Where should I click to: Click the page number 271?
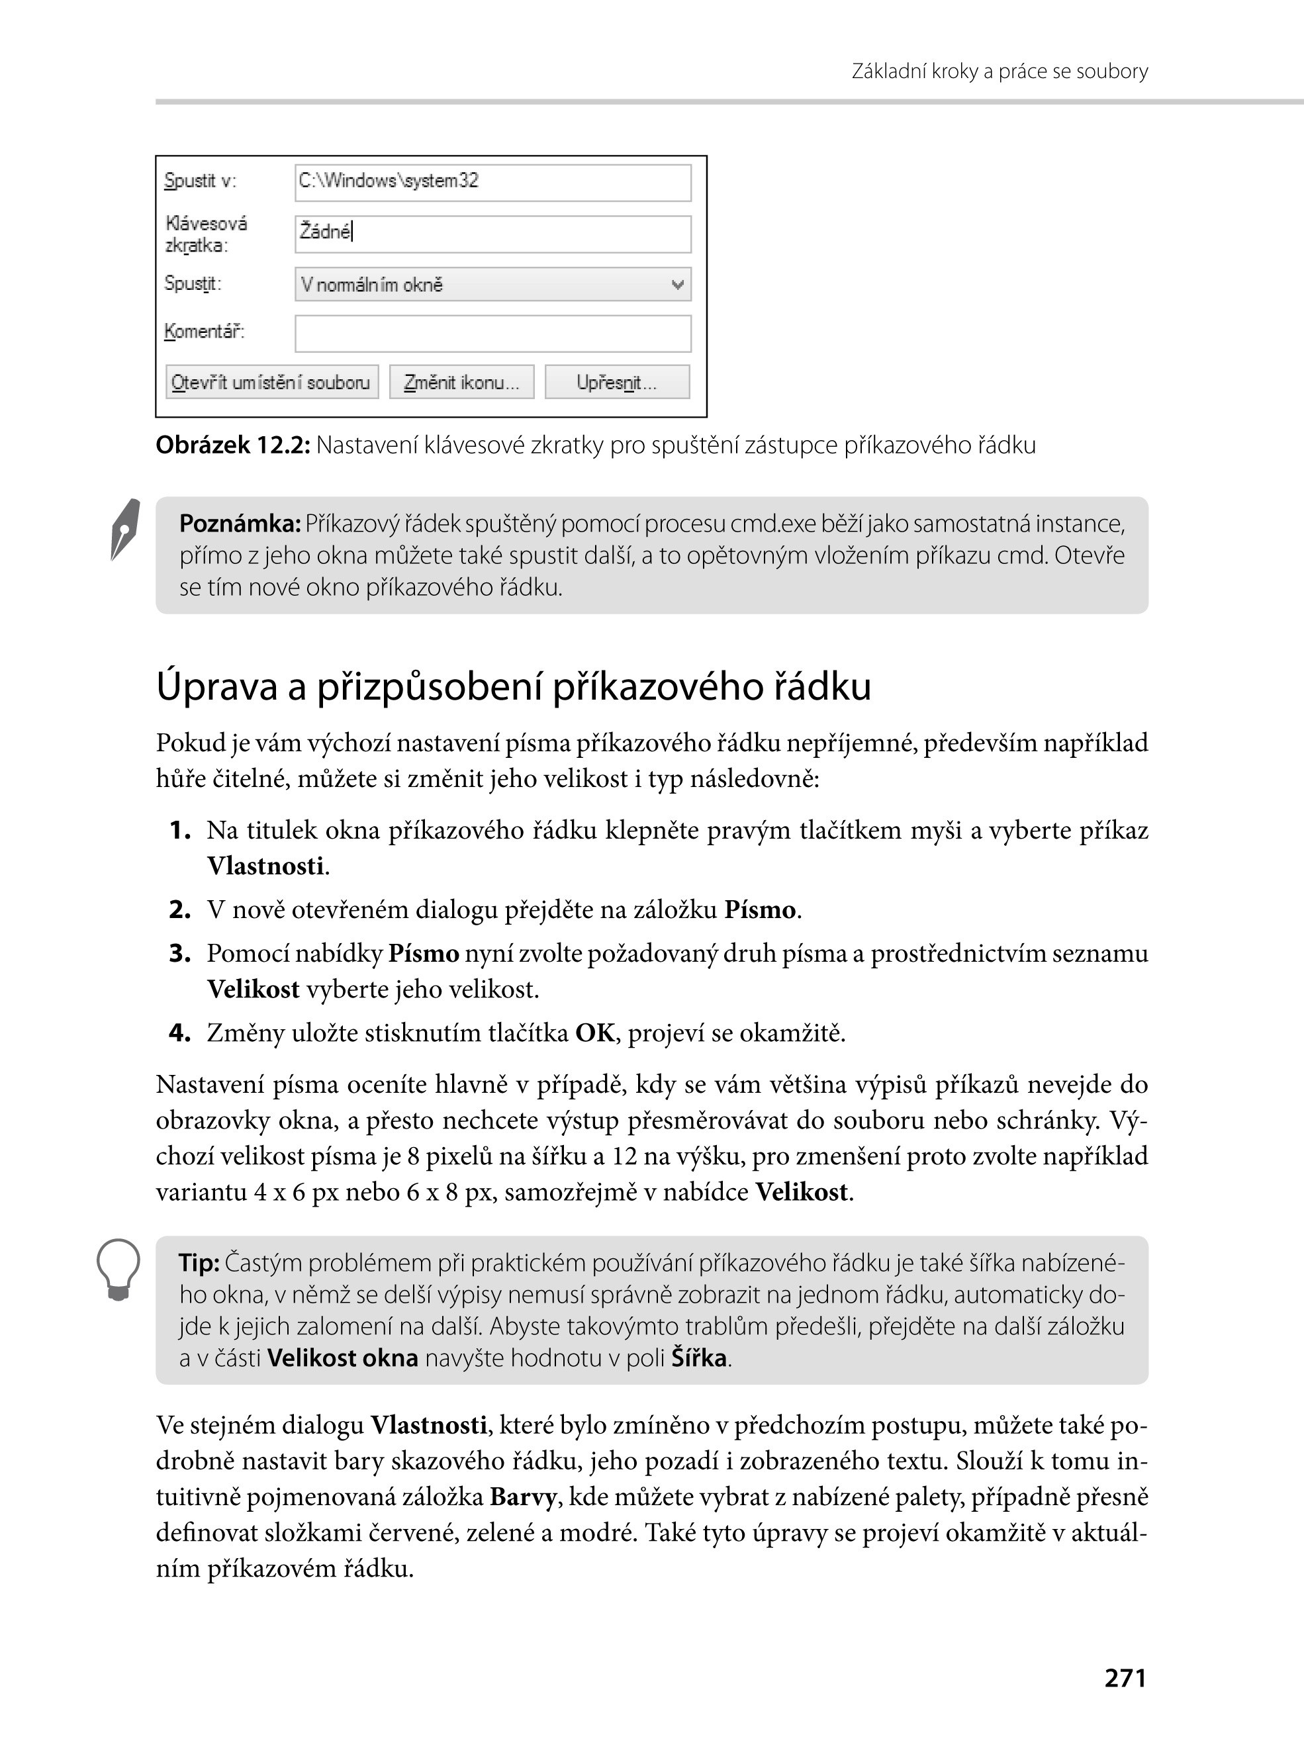pyautogui.click(x=1125, y=1677)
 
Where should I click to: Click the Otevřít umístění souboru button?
pyautogui.click(x=271, y=383)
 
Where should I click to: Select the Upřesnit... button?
pyautogui.click(x=616, y=383)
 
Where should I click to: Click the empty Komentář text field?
pyautogui.click(x=492, y=333)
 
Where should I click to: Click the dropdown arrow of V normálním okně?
pyautogui.click(x=676, y=285)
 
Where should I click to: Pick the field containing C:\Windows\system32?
pyautogui.click(x=492, y=182)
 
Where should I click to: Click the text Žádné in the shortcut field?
pyautogui.click(x=324, y=232)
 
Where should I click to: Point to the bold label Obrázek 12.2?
pyautogui.click(x=232, y=446)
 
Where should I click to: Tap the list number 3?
pyautogui.click(x=180, y=954)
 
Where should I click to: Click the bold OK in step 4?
pyautogui.click(x=594, y=1033)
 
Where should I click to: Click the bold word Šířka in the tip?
pyautogui.click(x=698, y=1358)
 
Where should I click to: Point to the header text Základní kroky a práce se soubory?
pyautogui.click(x=1000, y=72)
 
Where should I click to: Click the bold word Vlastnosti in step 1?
pyautogui.click(x=265, y=866)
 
